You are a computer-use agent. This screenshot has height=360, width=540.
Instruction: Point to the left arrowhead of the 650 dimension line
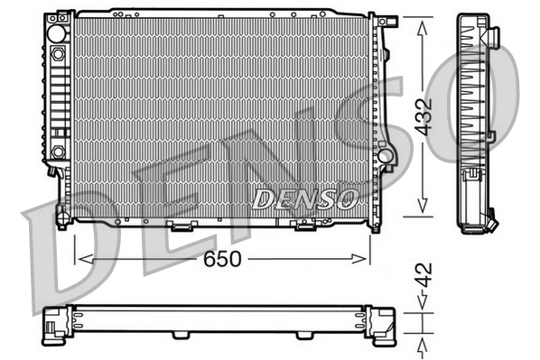point(79,259)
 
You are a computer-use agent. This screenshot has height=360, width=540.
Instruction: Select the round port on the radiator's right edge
point(386,155)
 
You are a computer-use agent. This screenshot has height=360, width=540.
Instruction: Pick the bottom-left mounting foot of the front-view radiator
point(62,217)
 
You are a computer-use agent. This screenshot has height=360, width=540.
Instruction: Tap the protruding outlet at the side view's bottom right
point(493,219)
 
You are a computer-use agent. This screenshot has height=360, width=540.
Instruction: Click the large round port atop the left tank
point(58,32)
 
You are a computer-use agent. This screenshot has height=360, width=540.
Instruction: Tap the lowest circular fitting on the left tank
point(58,151)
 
